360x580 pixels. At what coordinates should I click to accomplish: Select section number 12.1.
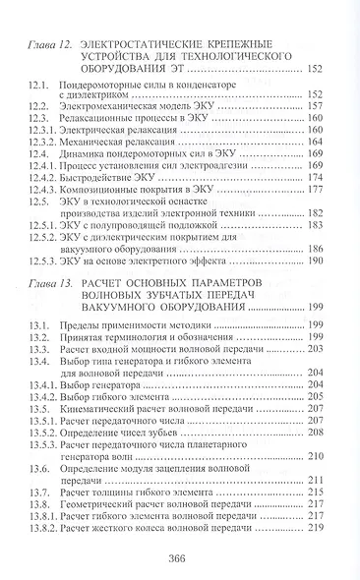tap(39, 87)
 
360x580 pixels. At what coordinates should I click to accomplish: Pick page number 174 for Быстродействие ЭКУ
tap(317, 177)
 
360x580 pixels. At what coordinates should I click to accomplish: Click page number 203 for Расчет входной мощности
tap(317, 349)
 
